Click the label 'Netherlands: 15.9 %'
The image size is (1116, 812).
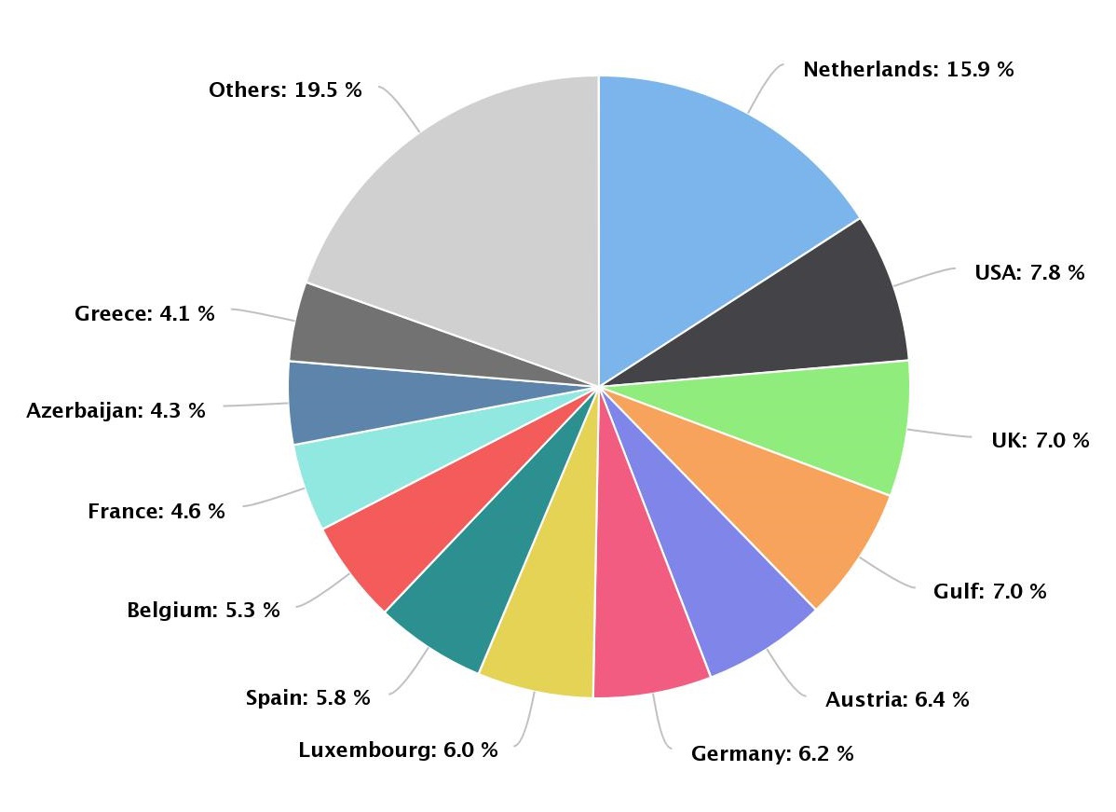(x=907, y=69)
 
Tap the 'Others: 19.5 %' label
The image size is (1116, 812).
(x=285, y=89)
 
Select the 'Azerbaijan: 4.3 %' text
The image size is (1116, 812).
(x=116, y=410)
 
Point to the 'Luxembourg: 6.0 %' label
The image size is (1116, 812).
(x=398, y=750)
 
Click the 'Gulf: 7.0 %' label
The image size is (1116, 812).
(x=989, y=591)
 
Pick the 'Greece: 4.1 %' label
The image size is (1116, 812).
(x=144, y=313)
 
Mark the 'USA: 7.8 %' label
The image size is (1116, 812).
(x=1029, y=272)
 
